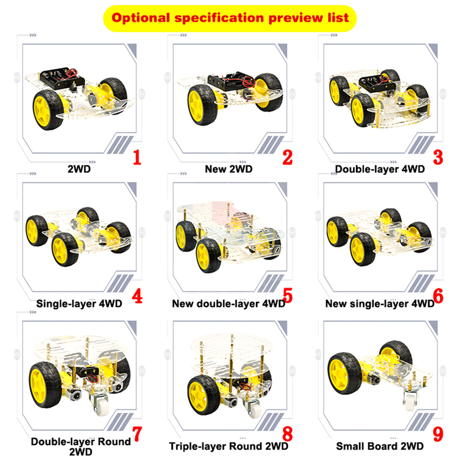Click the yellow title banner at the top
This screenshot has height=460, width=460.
(230, 18)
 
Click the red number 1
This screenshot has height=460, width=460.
(137, 157)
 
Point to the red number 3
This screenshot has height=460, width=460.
(438, 157)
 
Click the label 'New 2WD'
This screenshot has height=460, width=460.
(229, 169)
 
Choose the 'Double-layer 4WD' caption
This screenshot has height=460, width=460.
(380, 169)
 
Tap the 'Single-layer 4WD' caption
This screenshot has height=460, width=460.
(79, 304)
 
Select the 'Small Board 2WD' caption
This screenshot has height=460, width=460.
(380, 446)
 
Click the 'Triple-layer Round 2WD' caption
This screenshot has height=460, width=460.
(229, 446)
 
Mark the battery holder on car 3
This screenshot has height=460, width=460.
(376, 82)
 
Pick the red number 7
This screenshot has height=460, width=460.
(137, 434)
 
